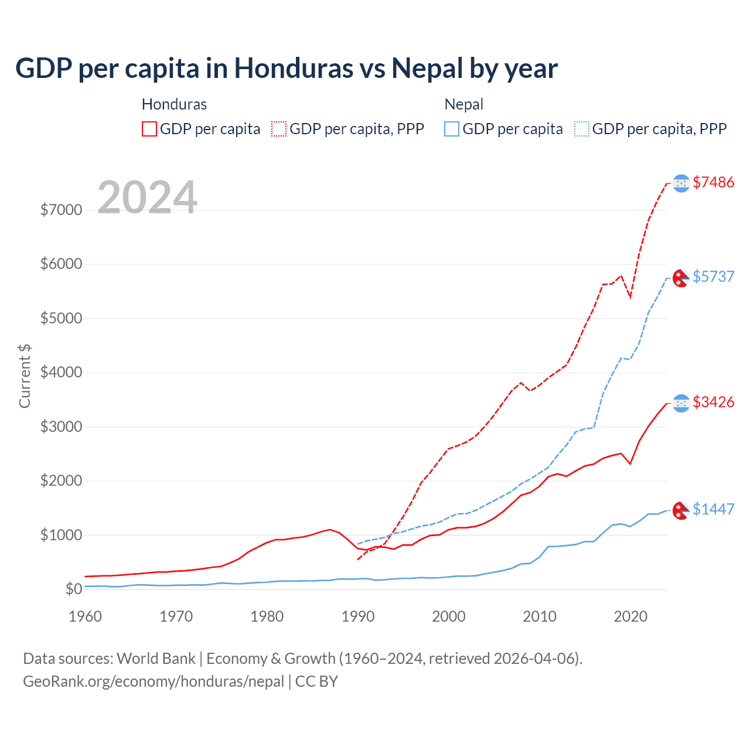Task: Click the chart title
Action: (286, 69)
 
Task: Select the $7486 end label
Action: (713, 182)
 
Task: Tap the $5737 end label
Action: (713, 277)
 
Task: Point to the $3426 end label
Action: (713, 402)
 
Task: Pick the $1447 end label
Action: (713, 509)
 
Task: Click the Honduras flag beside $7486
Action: (681, 183)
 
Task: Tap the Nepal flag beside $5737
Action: (680, 278)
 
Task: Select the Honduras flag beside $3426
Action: (681, 403)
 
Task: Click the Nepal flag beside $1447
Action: (680, 510)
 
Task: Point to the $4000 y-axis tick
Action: (61, 373)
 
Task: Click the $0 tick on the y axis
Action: (73, 589)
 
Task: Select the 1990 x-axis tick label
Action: (358, 616)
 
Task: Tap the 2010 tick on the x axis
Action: (540, 616)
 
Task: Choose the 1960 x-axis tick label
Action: (86, 616)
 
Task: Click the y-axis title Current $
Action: (25, 376)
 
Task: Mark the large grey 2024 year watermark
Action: (147, 197)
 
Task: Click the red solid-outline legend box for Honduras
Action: (149, 129)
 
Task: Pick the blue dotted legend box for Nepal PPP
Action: (582, 129)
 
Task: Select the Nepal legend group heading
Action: (463, 104)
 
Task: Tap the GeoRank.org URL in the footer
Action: (154, 681)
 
